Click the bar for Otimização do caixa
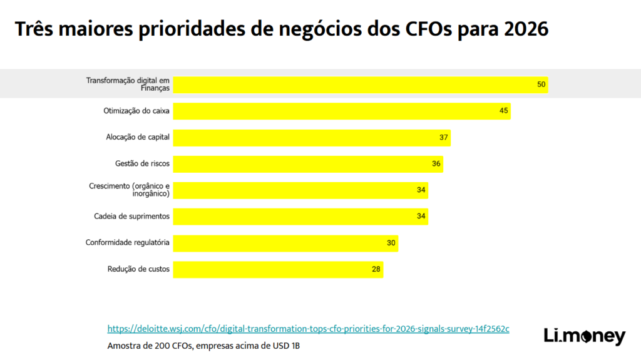pos(341,111)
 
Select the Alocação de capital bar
pos(311,137)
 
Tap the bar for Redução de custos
pos(277,269)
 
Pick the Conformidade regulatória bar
pos(285,243)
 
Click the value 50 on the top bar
pos(541,84)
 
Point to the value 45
pos(504,111)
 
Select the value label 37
pos(444,137)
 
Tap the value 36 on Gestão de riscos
pos(436,163)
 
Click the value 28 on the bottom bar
pos(376,269)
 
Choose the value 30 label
pos(391,243)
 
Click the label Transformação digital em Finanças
pos(128,84)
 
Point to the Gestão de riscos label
pos(142,163)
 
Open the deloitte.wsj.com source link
pos(308,329)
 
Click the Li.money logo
pos(583,336)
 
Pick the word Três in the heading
pos(36,29)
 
